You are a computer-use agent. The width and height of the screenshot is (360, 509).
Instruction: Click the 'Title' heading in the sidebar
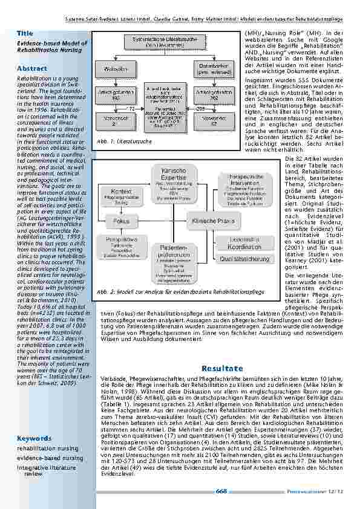click(25, 33)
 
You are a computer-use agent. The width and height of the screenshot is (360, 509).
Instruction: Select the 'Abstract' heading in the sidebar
click(31, 69)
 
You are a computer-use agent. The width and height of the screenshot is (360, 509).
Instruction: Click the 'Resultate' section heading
click(222, 368)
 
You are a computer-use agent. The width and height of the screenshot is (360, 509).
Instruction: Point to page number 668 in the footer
click(221, 491)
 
